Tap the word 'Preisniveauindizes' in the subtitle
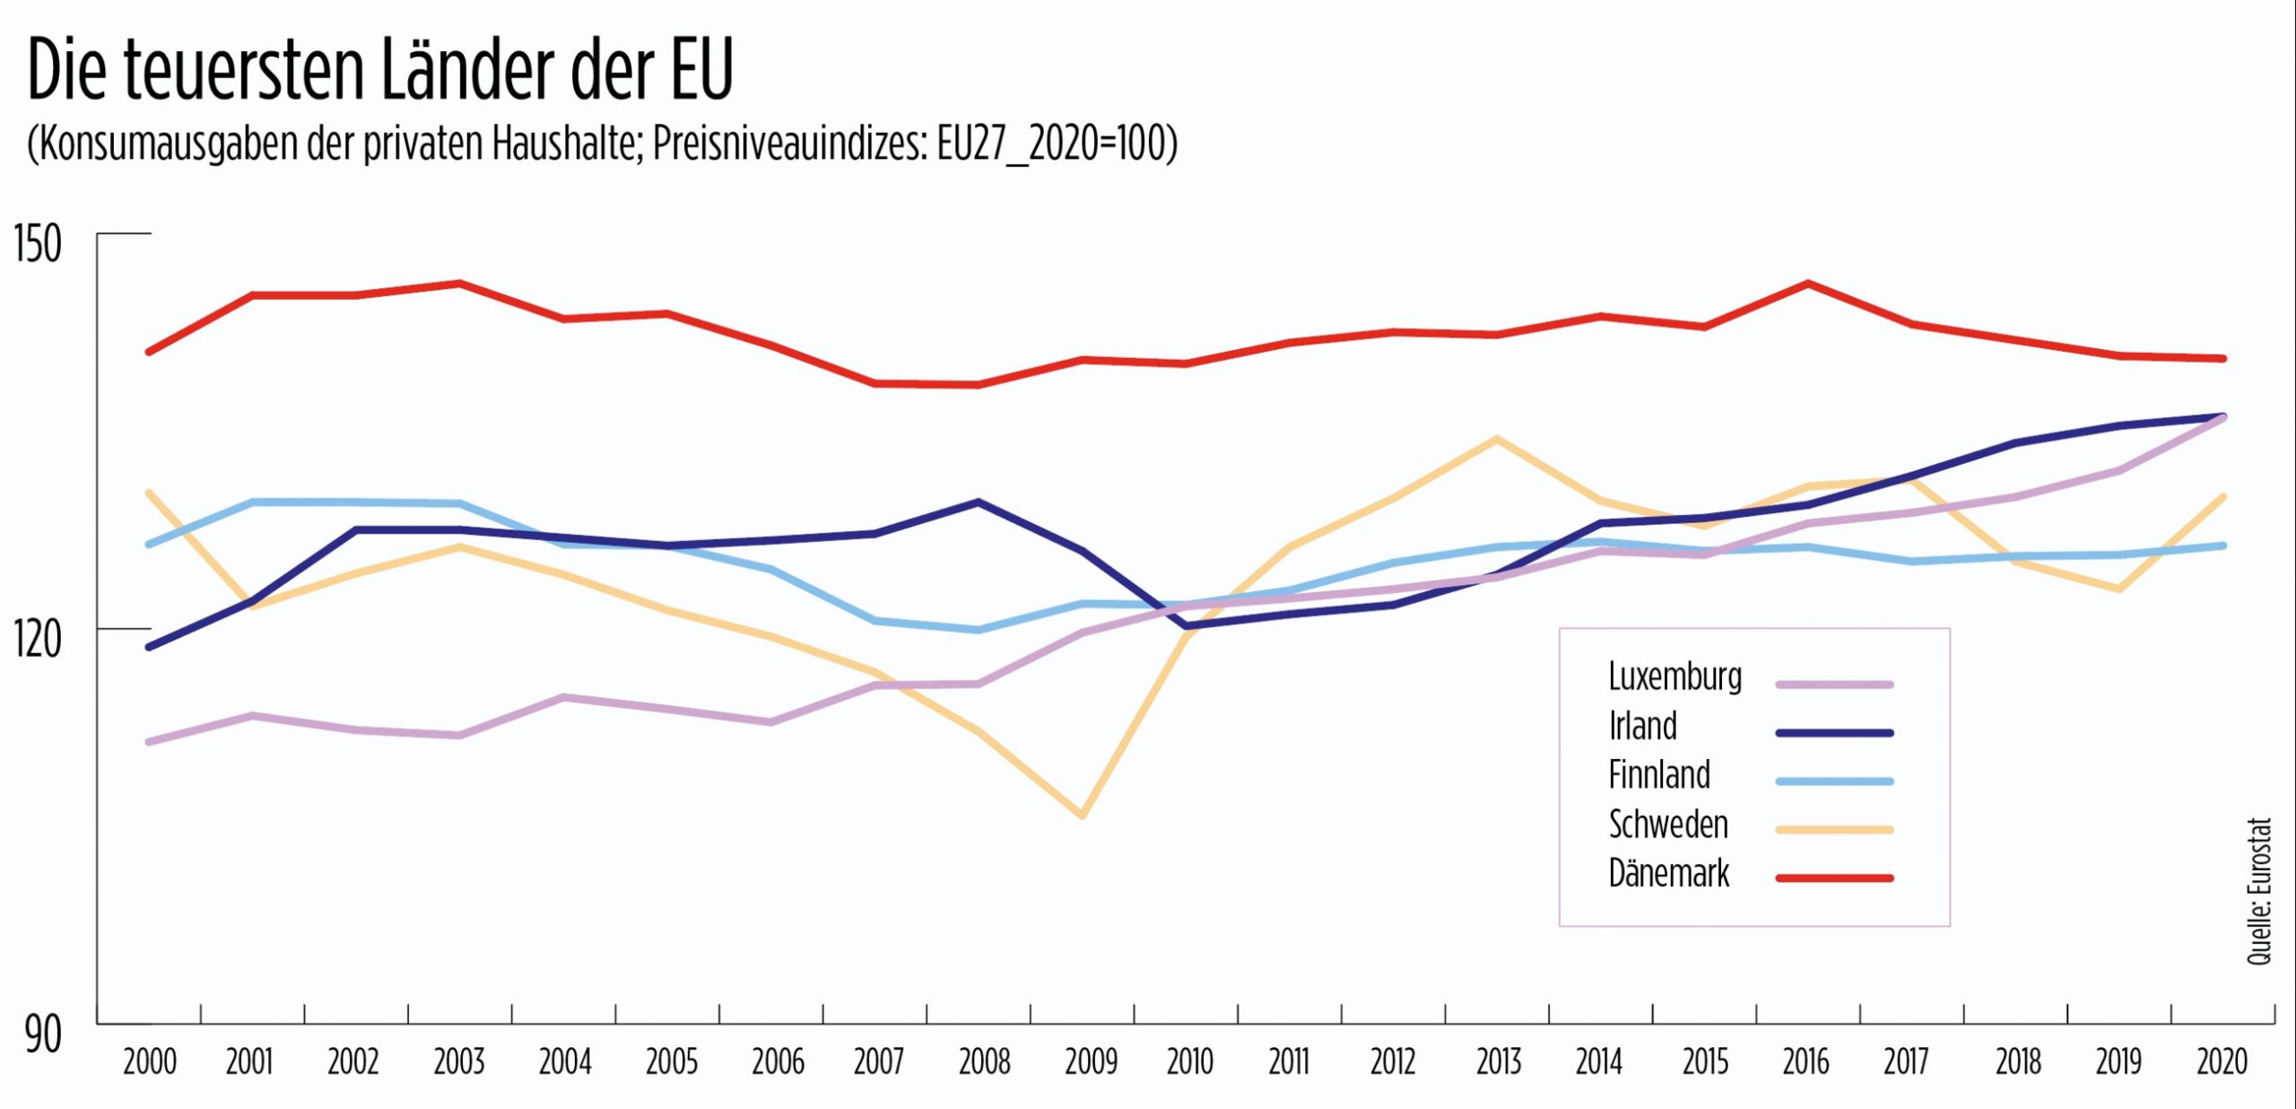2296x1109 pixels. point(790,144)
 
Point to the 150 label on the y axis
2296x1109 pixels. point(38,244)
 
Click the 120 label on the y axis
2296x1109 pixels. point(38,640)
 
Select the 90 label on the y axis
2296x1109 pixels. point(43,1035)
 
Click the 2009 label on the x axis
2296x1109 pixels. point(1091,1062)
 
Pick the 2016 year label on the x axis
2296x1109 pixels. point(1805,1062)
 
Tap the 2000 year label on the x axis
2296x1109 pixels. point(150,1062)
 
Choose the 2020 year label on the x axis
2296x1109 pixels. point(2222,1062)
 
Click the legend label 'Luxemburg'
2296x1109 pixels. point(1674,677)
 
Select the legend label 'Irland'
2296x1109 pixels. point(1642,726)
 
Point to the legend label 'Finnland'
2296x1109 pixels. point(1659,775)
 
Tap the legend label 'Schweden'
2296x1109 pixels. point(1668,825)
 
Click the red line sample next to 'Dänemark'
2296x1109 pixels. point(1834,878)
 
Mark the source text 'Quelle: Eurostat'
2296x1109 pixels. point(2259,891)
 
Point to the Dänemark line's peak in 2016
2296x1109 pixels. point(1808,284)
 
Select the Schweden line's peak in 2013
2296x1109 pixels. point(1496,439)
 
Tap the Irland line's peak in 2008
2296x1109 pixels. point(978,502)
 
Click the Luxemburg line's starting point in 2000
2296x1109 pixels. point(150,742)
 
